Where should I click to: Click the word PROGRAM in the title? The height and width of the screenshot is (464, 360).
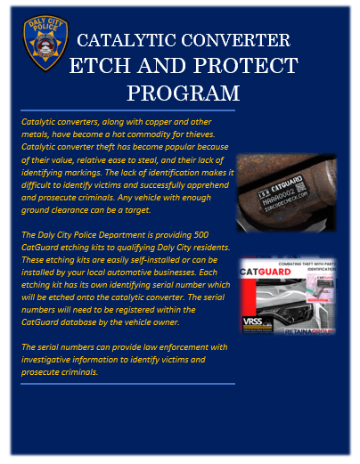click(x=183, y=93)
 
